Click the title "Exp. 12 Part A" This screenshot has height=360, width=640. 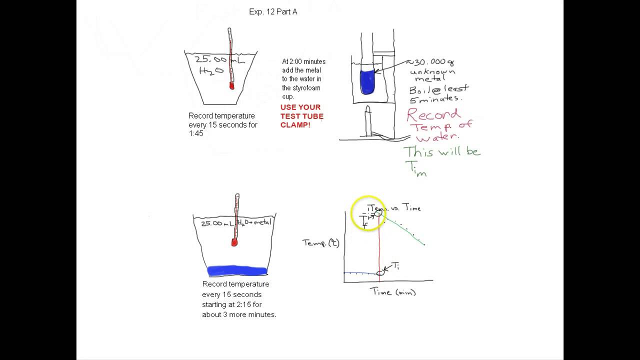pyautogui.click(x=273, y=11)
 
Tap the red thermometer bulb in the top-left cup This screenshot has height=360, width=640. pyautogui.click(x=232, y=86)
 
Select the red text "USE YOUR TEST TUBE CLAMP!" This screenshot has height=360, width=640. pyautogui.click(x=301, y=116)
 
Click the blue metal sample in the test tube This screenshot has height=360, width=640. pyautogui.click(x=367, y=82)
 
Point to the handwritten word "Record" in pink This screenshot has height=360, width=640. pyautogui.click(x=433, y=114)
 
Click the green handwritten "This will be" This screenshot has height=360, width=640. pyautogui.click(x=441, y=151)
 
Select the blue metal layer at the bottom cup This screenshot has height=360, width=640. pyautogui.click(x=237, y=271)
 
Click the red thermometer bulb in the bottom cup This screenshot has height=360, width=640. pyautogui.click(x=234, y=242)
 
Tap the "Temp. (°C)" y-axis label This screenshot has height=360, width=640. pyautogui.click(x=320, y=243)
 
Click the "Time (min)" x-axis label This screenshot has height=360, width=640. pyautogui.click(x=393, y=292)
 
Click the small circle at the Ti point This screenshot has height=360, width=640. pyautogui.click(x=381, y=272)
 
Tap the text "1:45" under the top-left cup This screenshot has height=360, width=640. pyautogui.click(x=196, y=133)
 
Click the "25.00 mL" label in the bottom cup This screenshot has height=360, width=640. pyautogui.click(x=217, y=223)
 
